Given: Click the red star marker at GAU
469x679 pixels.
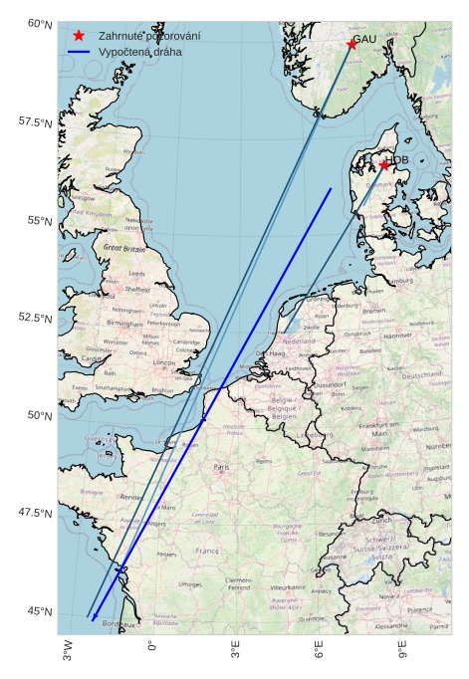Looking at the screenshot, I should click(352, 44).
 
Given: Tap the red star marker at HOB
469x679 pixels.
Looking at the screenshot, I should click(384, 164).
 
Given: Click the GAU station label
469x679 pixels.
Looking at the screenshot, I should click(364, 39).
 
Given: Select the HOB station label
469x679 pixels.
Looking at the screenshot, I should click(398, 159).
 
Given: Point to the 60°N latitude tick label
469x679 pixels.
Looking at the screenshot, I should click(39, 23).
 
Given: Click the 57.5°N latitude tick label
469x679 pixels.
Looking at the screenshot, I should click(35, 121).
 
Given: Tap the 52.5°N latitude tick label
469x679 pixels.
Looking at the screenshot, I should click(35, 318).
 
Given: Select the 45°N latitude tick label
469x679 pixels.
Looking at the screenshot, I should click(39, 611).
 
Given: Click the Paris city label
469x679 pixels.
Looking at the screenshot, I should click(221, 466).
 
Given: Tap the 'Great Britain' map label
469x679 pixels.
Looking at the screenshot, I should click(124, 247).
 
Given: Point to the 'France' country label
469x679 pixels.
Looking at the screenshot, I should click(206, 551).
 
